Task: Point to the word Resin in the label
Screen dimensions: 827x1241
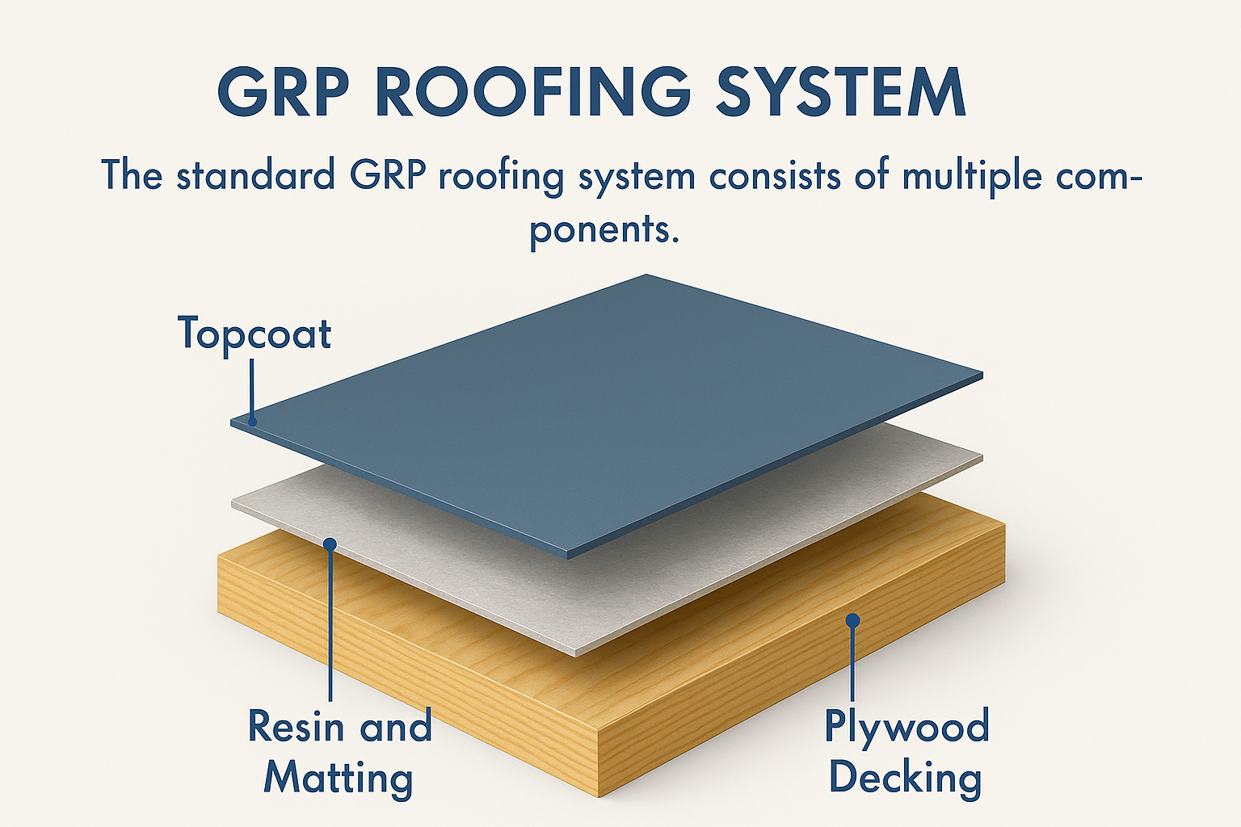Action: [x=296, y=726]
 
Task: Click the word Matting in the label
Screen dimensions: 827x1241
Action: [x=339, y=779]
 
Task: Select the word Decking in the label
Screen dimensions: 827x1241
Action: [x=906, y=779]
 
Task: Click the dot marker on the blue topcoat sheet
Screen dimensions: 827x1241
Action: [x=252, y=421]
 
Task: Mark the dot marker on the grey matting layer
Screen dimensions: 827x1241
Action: [x=330, y=544]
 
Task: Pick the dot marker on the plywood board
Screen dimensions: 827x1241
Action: [x=852, y=620]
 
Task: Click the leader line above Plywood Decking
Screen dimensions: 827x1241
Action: [x=852, y=662]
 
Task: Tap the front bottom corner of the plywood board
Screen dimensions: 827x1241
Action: [x=597, y=796]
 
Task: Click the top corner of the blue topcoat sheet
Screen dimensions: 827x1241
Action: [x=646, y=276]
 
